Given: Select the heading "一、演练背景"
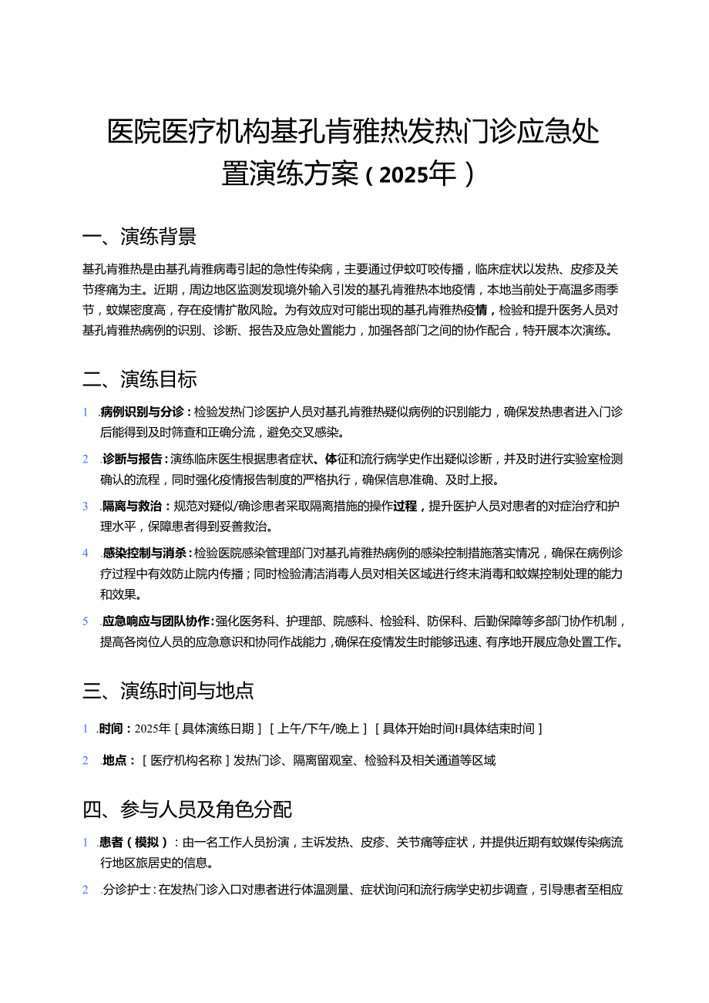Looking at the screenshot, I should pyautogui.click(x=139, y=237).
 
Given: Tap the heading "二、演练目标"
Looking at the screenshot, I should pyautogui.click(x=139, y=379).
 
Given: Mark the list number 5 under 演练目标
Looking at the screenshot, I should pyautogui.click(x=86, y=621).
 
